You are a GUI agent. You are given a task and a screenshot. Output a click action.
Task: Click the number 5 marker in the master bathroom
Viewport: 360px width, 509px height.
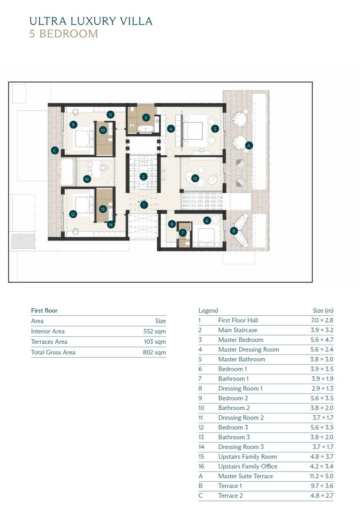pyautogui.click(x=146, y=118)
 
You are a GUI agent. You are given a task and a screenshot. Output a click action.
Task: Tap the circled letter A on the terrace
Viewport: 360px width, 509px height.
pyautogui.click(x=249, y=146)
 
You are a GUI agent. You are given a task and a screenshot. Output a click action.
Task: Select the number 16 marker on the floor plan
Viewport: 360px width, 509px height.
pyautogui.click(x=86, y=179)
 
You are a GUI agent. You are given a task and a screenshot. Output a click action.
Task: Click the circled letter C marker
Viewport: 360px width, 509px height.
pyautogui.click(x=55, y=150)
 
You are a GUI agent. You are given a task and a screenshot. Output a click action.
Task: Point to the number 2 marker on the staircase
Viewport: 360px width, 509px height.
pyautogui.click(x=143, y=177)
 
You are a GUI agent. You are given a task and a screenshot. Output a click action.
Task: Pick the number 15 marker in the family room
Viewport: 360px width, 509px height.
pyautogui.click(x=195, y=178)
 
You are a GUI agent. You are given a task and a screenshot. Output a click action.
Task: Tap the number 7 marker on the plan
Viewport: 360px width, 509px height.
pyautogui.click(x=182, y=232)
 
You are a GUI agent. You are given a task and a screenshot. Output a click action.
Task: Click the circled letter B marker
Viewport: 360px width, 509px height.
pyautogui.click(x=234, y=231)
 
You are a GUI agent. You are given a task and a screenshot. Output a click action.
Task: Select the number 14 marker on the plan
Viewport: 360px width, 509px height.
pyautogui.click(x=110, y=225)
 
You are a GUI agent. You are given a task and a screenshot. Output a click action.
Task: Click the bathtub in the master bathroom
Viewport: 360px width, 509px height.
pyautogui.click(x=146, y=129)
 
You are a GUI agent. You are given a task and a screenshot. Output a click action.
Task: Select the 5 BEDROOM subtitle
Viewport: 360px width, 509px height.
pyautogui.click(x=64, y=33)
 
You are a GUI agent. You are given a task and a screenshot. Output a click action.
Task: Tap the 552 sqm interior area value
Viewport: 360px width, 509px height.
pyautogui.click(x=155, y=331)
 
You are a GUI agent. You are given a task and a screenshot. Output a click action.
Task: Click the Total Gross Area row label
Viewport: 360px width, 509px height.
pyautogui.click(x=53, y=352)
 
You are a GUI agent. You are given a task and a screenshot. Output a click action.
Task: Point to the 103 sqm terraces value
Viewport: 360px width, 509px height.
pyautogui.click(x=155, y=342)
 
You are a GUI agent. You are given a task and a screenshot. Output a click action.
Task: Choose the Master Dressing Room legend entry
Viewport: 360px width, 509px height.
pyautogui.click(x=249, y=349)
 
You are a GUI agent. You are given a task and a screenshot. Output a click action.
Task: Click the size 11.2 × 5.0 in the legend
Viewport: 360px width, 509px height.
pyautogui.click(x=321, y=476)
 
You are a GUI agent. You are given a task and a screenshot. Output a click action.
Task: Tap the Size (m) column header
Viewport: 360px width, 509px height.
pyautogui.click(x=323, y=311)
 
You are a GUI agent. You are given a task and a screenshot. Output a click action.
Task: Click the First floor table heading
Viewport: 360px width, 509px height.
pyautogui.click(x=44, y=311)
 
